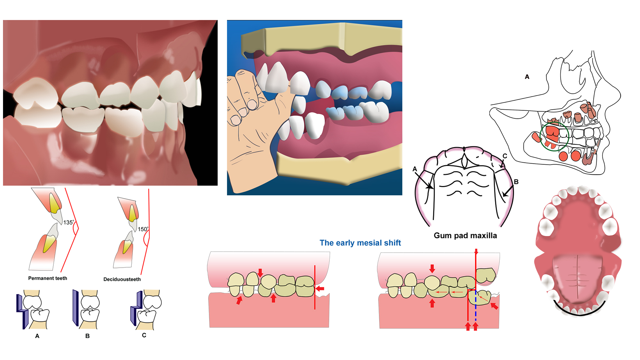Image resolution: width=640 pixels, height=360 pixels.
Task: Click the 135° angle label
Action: [x=69, y=222]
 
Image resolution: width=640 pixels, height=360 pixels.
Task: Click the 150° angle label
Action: [x=143, y=229]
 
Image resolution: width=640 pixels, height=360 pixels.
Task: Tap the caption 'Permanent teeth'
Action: [x=48, y=278]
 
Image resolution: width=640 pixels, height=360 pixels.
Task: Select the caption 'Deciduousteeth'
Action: [x=122, y=279]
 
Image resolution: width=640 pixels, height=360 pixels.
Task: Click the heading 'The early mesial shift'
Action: [x=360, y=243]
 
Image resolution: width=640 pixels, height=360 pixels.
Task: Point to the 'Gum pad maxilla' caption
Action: [x=465, y=236]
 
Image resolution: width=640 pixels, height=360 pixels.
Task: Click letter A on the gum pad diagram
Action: [x=415, y=169]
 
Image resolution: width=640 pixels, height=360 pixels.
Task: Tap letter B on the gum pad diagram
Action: [x=516, y=182]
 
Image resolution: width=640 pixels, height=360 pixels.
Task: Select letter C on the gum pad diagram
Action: [x=505, y=156]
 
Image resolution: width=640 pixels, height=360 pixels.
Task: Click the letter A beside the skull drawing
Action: [x=527, y=77]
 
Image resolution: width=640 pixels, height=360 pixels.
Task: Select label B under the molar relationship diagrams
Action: [x=87, y=336]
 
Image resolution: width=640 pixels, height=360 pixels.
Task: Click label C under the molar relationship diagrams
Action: [x=144, y=335]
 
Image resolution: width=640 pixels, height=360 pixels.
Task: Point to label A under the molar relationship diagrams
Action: [x=37, y=336]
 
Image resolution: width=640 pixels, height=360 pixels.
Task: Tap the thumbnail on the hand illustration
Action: [x=252, y=105]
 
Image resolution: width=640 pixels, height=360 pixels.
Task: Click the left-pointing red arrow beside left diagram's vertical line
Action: [x=320, y=289]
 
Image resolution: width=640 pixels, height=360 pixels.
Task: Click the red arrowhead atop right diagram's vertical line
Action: [x=476, y=252]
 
